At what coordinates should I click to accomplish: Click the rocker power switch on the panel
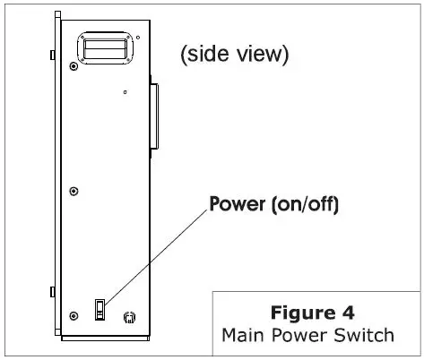pyautogui.click(x=100, y=310)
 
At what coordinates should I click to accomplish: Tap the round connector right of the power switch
pyautogui.click(x=128, y=317)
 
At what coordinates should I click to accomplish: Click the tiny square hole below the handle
pyautogui.click(x=125, y=91)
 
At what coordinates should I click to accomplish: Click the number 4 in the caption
pyautogui.click(x=349, y=314)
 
